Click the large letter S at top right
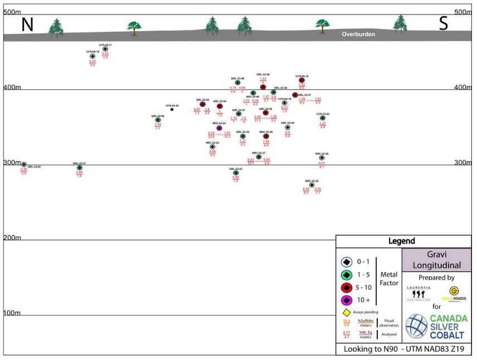coord(444,23)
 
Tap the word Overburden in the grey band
coord(358,35)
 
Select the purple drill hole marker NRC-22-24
coord(219,128)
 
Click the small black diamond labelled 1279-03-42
coord(172,109)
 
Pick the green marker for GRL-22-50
coord(158,120)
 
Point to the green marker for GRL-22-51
coord(79,167)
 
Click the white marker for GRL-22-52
coord(24,165)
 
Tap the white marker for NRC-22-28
coord(311,185)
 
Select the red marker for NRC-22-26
coord(266,136)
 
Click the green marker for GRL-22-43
coord(236,173)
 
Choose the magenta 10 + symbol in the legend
coord(346,300)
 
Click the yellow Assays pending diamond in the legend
coord(346,313)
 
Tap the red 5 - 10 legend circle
coord(346,288)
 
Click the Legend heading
coord(401,241)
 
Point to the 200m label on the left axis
coord(12,238)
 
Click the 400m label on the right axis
coord(463,87)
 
